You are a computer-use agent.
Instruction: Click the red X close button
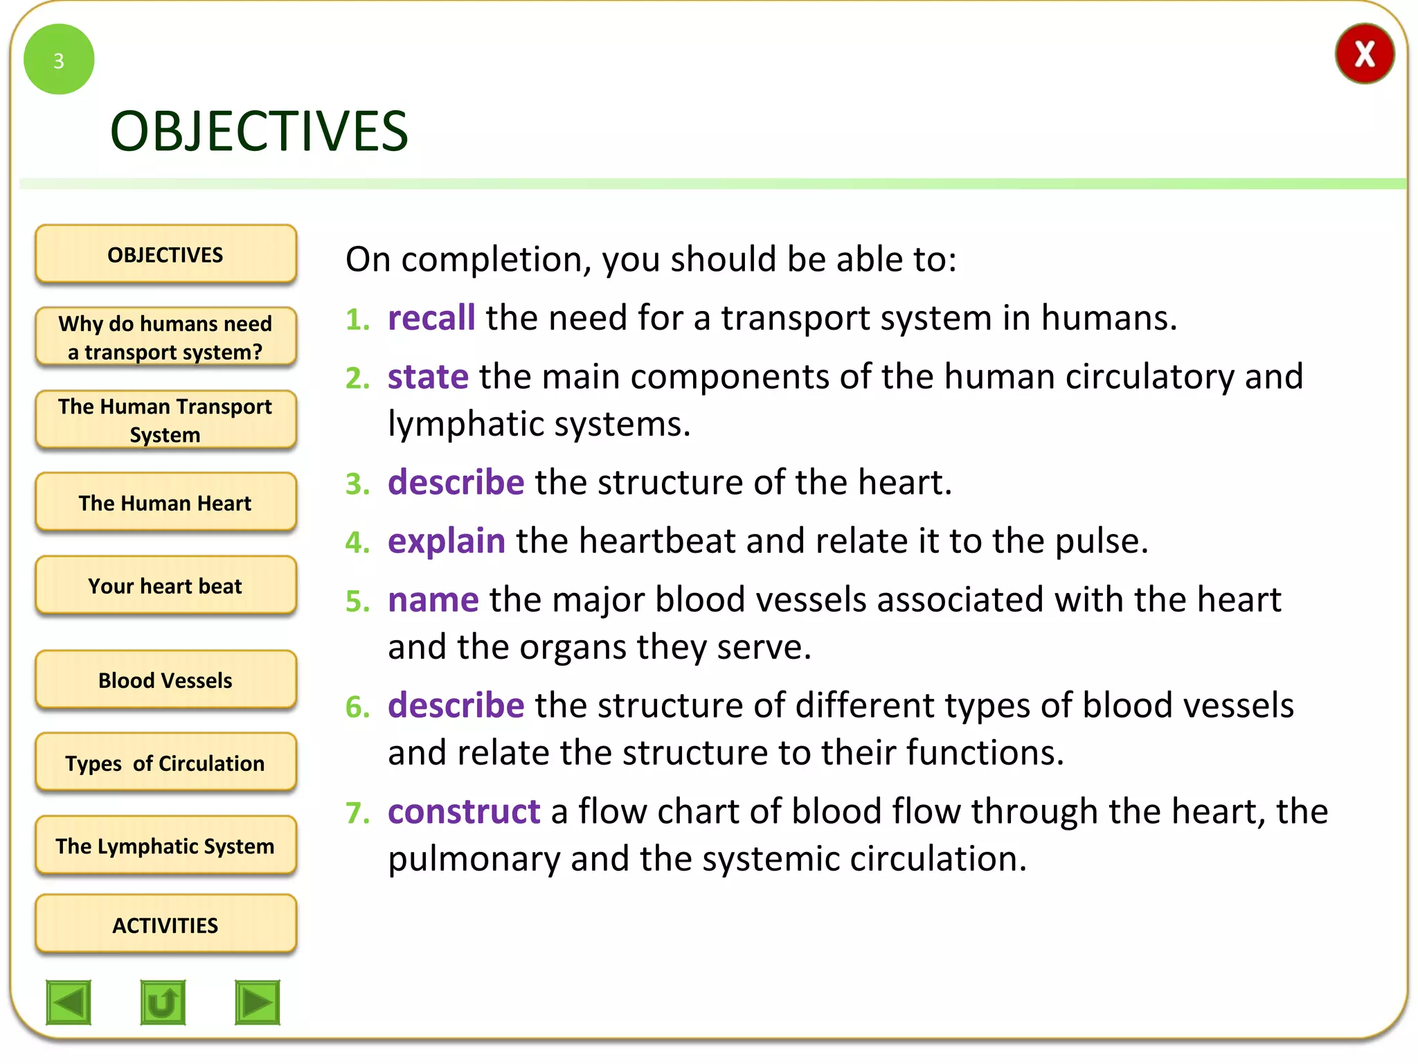click(x=1364, y=54)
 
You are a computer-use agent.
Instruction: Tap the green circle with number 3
click(x=59, y=60)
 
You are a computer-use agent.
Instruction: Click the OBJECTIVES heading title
click(x=259, y=132)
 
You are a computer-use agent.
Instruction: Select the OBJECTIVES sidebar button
click(x=165, y=254)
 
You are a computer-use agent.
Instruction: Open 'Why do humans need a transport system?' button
click(x=165, y=337)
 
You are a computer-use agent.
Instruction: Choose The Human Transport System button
click(x=165, y=420)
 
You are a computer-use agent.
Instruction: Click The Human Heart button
click(x=165, y=503)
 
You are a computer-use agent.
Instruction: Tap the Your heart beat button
click(x=165, y=586)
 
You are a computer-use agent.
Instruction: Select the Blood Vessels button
click(x=165, y=680)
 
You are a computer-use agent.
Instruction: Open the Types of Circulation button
click(x=165, y=763)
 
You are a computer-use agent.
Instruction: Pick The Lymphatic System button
click(x=165, y=846)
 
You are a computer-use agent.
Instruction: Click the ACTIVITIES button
click(x=165, y=925)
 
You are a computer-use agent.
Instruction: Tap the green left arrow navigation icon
click(x=69, y=1002)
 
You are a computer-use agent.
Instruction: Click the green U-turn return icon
click(x=163, y=1002)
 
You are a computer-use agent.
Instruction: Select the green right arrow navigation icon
click(x=258, y=1002)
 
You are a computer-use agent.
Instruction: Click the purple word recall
click(x=431, y=319)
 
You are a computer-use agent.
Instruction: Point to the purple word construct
click(x=463, y=812)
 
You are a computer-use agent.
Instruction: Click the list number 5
click(x=357, y=601)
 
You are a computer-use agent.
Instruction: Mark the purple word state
click(x=427, y=378)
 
